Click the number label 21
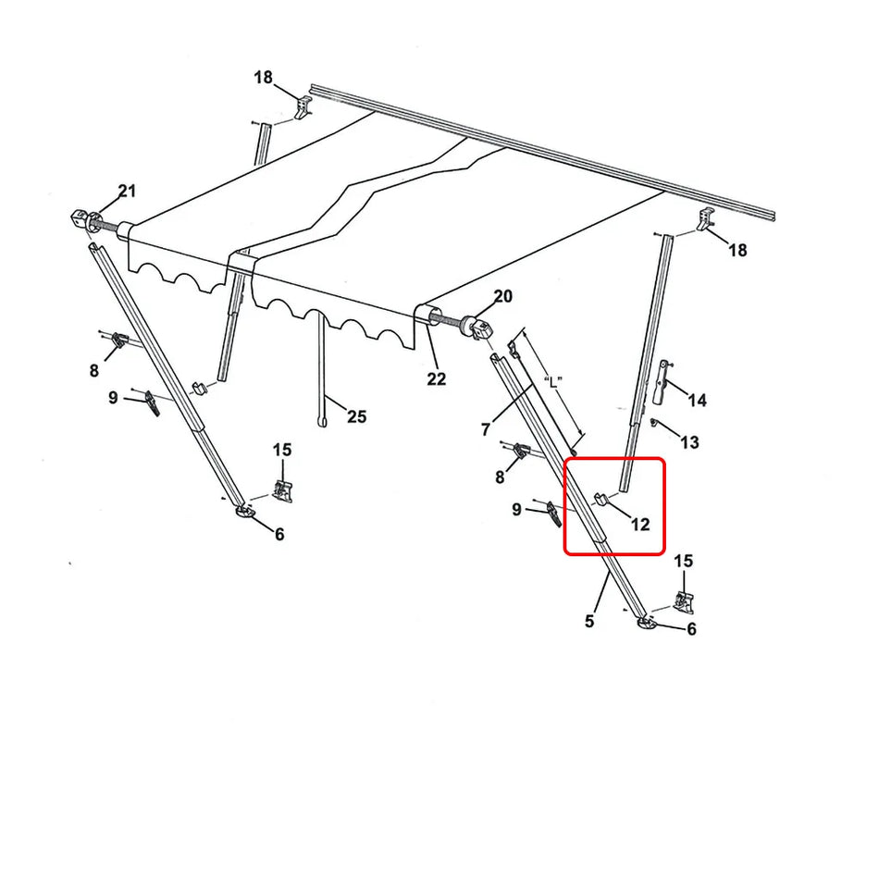127,192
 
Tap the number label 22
436,378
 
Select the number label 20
502,296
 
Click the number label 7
486,428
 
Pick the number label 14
697,400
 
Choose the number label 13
689,442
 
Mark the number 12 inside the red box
640,525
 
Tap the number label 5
589,621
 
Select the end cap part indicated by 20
480,327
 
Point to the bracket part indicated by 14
661,381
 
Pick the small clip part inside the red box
600,501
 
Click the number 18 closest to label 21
264,77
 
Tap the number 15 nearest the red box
683,561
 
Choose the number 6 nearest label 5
690,629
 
